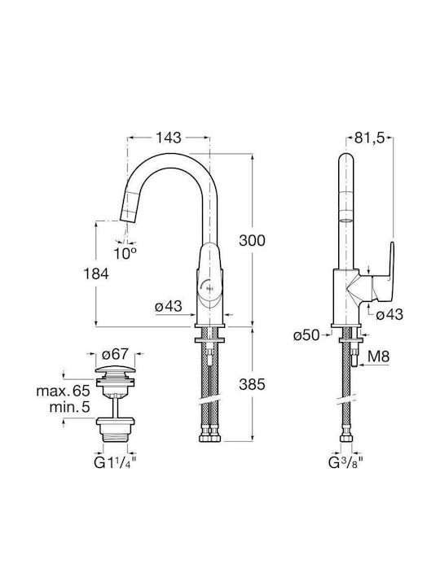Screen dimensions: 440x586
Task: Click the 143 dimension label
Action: point(169,138)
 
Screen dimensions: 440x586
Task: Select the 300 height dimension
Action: point(252,241)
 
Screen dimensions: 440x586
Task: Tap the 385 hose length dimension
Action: point(252,384)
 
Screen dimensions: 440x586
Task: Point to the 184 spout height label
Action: point(96,274)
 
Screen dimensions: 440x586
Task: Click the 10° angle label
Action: point(125,254)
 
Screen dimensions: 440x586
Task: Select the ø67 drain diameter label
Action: point(115,353)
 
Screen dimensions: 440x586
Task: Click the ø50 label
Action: point(307,335)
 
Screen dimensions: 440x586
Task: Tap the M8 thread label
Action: point(378,356)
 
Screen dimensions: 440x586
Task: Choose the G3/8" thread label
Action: point(346,462)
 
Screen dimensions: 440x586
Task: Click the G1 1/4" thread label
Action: point(115,462)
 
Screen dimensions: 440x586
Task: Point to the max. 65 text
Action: point(64,391)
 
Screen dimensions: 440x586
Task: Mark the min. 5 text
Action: point(69,407)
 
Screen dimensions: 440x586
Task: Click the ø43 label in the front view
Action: point(169,307)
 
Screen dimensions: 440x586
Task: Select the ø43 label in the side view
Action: point(389,314)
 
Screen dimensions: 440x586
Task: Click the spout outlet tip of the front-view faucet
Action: point(126,221)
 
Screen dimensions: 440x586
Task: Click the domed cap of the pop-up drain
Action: point(115,370)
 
